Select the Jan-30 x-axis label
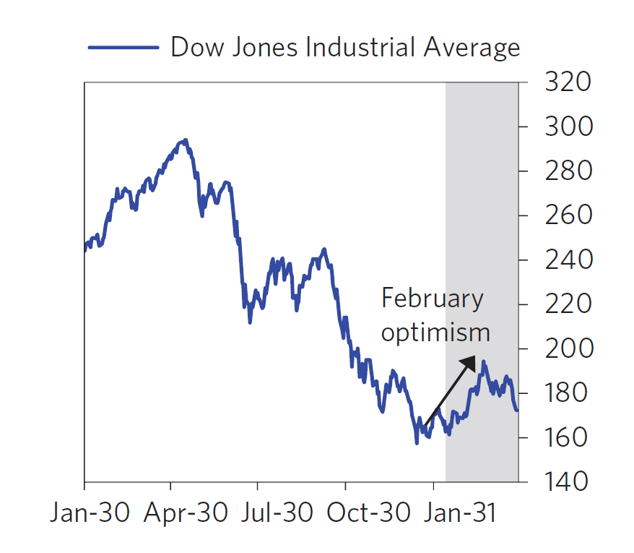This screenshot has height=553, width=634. click(90, 513)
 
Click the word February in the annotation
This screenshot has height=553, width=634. click(432, 298)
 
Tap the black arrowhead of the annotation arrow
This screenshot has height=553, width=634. click(470, 361)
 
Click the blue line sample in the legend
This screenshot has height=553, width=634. click(123, 48)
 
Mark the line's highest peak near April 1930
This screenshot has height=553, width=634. click(186, 140)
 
